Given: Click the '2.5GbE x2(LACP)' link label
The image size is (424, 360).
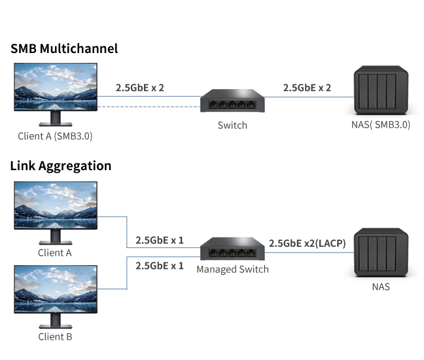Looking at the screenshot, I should [307, 243].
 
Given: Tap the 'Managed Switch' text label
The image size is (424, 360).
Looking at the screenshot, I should [232, 269].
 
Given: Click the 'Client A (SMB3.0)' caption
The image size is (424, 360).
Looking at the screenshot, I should [55, 137].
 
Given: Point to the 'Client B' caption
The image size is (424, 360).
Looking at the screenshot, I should [55, 336].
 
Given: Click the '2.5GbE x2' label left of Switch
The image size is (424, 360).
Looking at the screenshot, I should [139, 86].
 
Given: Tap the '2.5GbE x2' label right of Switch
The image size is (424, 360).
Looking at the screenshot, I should [307, 86].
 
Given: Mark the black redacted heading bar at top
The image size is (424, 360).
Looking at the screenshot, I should [63, 48].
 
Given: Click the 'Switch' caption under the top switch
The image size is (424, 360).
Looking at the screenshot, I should [232, 125].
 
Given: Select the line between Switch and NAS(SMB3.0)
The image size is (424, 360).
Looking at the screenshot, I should [304, 97].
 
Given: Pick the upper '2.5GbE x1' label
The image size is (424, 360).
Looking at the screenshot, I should [159, 240].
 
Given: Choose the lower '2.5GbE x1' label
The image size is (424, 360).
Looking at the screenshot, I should [159, 265].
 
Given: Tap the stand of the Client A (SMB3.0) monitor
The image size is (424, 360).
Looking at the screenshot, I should [55, 118].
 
